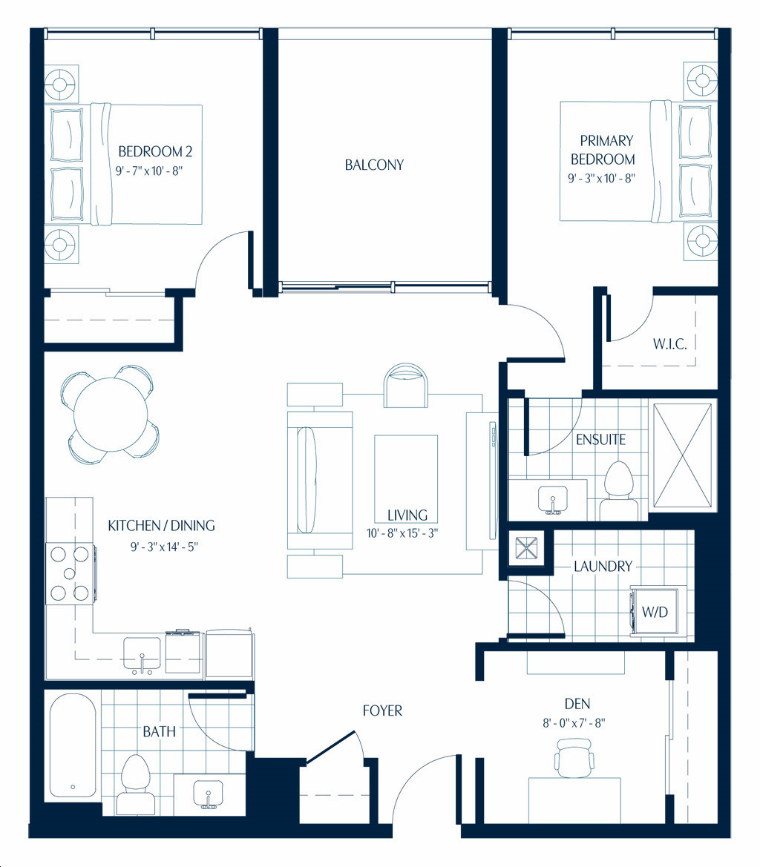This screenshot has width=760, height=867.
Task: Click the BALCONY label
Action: (374, 165)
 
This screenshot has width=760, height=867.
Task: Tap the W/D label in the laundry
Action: (655, 612)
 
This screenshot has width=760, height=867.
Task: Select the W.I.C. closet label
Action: (670, 344)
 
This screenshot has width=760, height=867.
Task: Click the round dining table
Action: (111, 414)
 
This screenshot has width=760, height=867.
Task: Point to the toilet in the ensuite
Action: (619, 491)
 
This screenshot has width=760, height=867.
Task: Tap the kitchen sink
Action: (142, 656)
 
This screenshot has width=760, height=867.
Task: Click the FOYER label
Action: (382, 711)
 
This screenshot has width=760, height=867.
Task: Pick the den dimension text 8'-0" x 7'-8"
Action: (574, 723)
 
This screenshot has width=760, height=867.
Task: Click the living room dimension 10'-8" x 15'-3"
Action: (402, 533)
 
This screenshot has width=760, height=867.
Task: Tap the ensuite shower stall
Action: (683, 455)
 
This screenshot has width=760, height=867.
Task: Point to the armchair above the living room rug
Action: (405, 386)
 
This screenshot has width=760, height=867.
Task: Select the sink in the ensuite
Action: (553, 500)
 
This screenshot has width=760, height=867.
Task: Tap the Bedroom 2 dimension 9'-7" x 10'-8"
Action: (148, 171)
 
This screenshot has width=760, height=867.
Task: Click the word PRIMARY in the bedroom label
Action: (606, 141)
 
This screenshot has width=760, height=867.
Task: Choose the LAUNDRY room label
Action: (603, 567)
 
